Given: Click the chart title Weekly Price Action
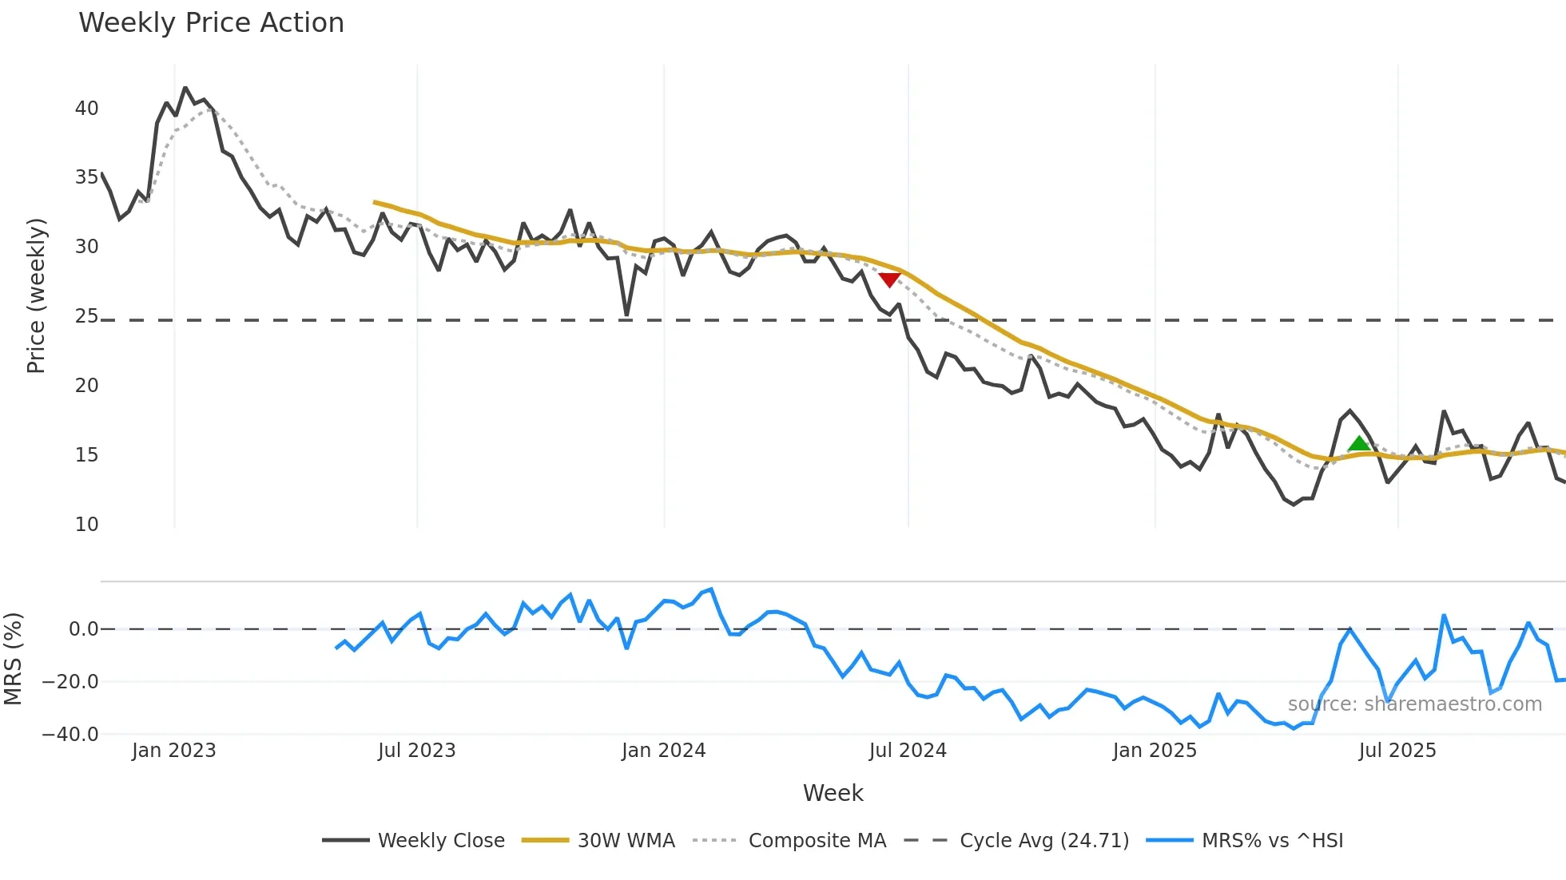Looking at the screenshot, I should tap(211, 23).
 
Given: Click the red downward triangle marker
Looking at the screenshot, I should tap(889, 279).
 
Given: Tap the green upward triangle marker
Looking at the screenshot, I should tap(1358, 444).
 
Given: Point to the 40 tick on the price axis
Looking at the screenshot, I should tap(86, 109).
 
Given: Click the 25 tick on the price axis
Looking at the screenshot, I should tap(86, 316).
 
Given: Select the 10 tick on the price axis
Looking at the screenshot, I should tap(86, 525).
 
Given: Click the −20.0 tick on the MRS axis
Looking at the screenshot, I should tap(70, 682).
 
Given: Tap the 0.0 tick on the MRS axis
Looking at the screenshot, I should tap(83, 629).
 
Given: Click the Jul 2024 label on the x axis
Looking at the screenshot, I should tap(907, 751).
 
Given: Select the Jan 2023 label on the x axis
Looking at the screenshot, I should tap(173, 751).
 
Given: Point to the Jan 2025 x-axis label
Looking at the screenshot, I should tap(1154, 751).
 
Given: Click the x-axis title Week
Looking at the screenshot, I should tap(833, 793).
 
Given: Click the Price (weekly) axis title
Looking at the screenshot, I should tap(36, 295).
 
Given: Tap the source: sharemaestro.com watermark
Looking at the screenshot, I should tap(1414, 704).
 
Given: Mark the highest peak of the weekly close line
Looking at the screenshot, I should tap(185, 88).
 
